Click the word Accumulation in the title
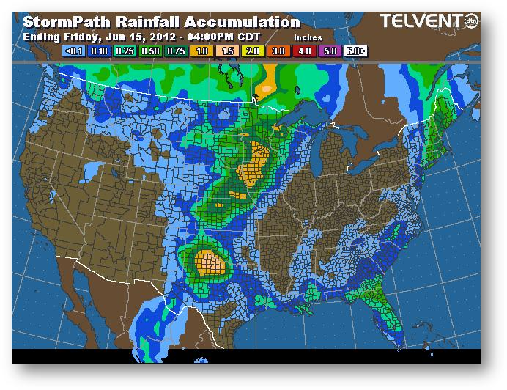(234, 22)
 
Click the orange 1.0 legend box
(202, 52)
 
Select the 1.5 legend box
(228, 52)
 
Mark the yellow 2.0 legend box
(253, 52)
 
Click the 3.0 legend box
(279, 52)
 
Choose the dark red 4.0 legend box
(305, 52)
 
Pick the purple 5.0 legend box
(330, 52)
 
